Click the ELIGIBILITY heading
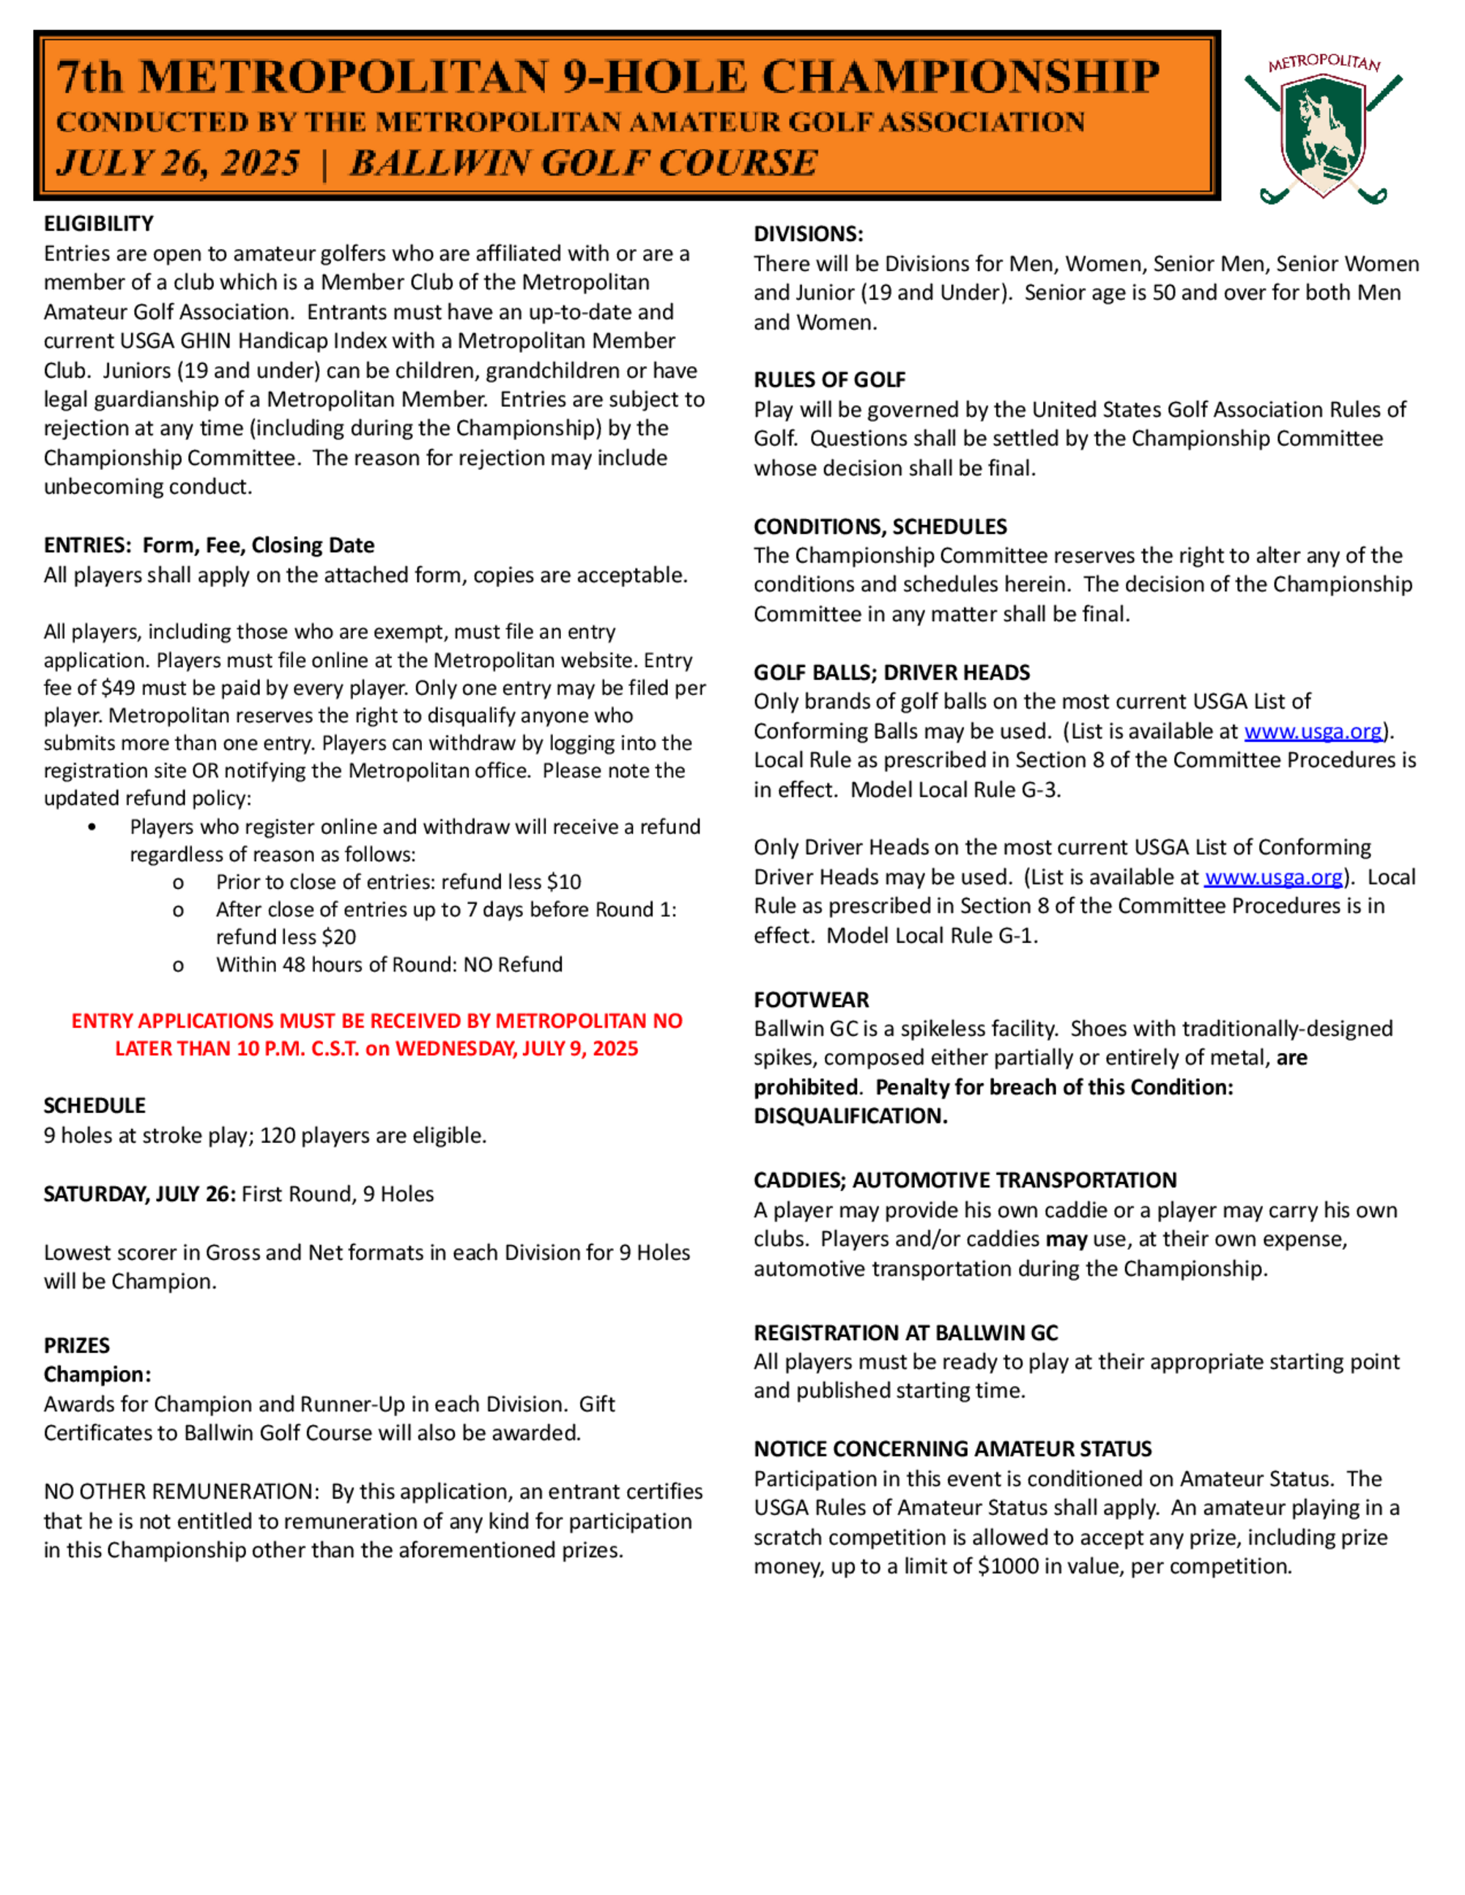tap(99, 224)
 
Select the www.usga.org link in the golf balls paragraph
tap(1312, 731)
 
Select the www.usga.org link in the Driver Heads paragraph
tap(1273, 877)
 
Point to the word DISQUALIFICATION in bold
tap(849, 1116)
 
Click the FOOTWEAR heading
tap(811, 999)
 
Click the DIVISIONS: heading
tap(808, 234)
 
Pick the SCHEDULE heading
tap(94, 1106)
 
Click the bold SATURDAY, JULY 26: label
tap(140, 1194)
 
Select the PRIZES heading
tap(77, 1346)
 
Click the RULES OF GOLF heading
tap(829, 380)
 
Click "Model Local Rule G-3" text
tap(954, 789)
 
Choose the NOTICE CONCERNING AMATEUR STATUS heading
tap(952, 1449)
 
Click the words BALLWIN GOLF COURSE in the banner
tap(583, 163)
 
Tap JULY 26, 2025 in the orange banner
tap(178, 163)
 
